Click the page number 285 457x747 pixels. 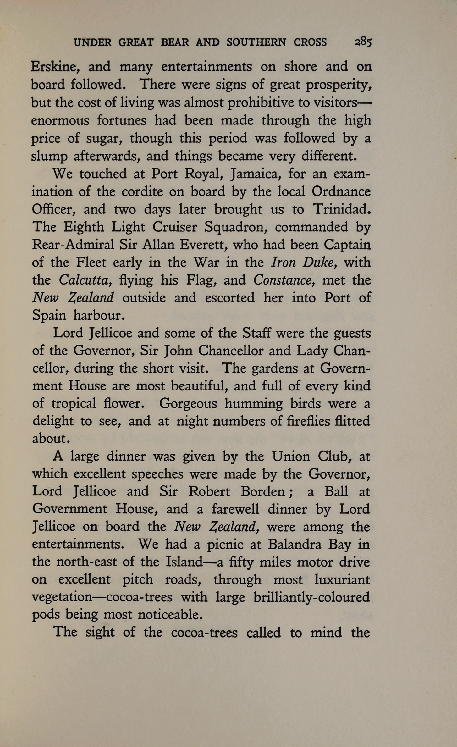[363, 42]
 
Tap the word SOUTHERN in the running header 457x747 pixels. [256, 42]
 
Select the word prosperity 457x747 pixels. [339, 85]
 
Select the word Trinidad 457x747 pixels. [342, 209]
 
